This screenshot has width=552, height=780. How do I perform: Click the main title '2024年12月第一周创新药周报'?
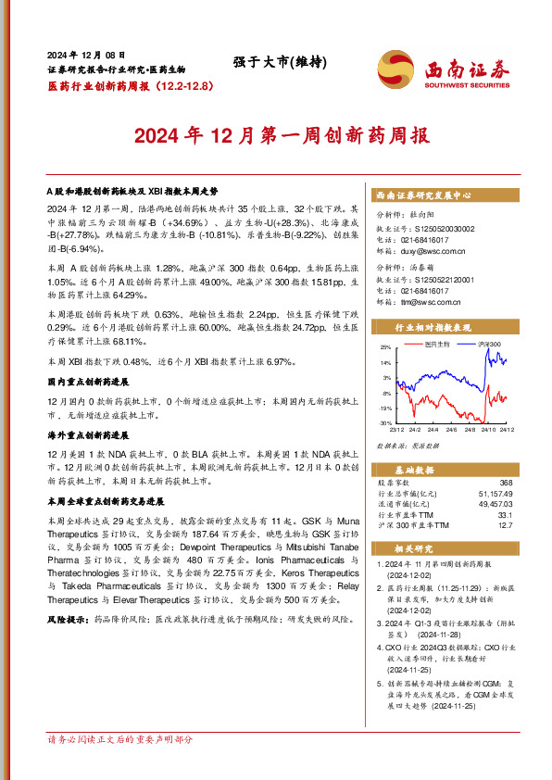click(282, 135)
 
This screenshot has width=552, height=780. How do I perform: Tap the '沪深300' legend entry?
click(489, 344)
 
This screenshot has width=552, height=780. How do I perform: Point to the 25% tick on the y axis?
click(385, 346)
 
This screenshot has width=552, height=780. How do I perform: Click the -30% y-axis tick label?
click(384, 422)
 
